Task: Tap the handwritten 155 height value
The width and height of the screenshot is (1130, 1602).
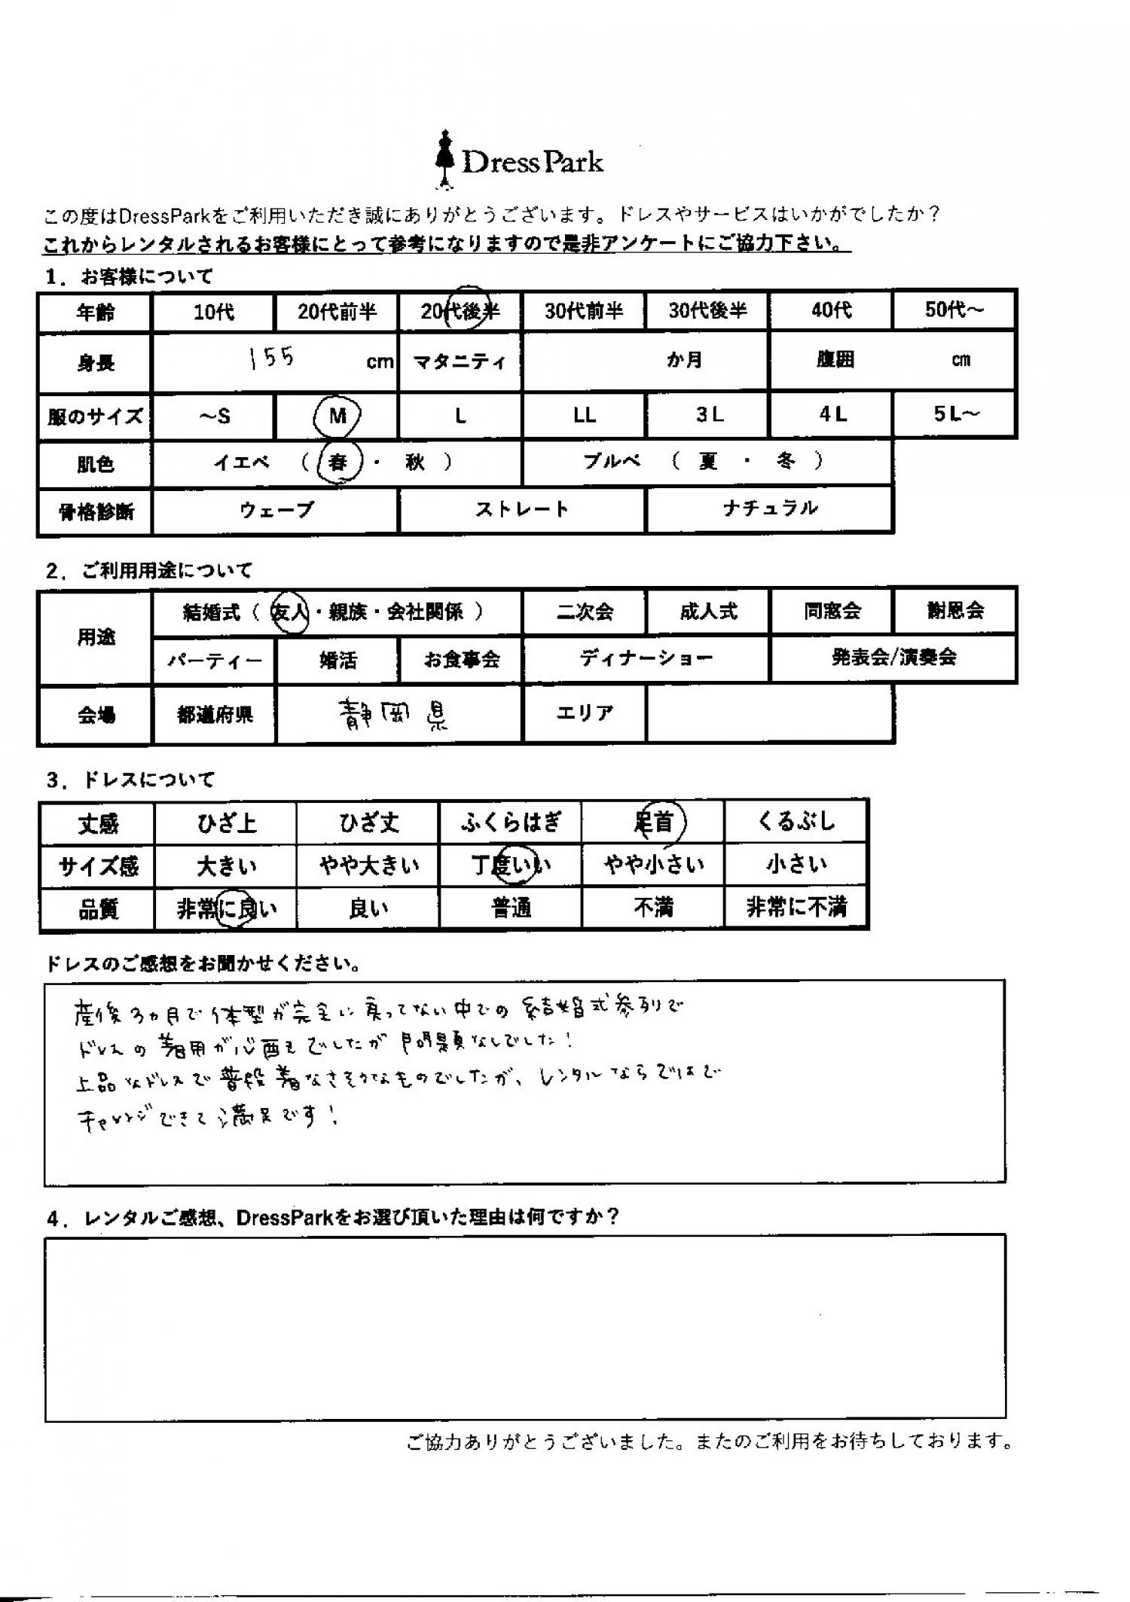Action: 272,358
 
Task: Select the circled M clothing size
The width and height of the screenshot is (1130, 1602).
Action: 337,415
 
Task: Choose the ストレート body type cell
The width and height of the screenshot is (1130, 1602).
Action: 521,510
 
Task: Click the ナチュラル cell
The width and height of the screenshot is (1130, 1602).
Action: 769,509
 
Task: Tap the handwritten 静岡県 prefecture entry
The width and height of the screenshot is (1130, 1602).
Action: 393,714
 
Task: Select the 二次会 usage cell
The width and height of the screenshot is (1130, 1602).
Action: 584,612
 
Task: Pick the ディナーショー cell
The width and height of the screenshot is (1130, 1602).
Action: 646,659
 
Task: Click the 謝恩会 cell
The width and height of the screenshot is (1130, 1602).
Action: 954,611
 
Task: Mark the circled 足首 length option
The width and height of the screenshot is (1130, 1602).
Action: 654,822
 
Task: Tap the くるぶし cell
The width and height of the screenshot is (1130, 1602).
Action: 796,822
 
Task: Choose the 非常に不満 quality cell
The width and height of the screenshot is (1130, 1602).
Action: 796,908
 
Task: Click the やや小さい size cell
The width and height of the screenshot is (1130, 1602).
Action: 653,865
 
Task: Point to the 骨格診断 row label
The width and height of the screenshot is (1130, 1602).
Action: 96,512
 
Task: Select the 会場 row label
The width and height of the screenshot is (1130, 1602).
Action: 96,715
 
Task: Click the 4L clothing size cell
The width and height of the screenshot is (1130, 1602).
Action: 832,414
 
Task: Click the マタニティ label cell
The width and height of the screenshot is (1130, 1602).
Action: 460,362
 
